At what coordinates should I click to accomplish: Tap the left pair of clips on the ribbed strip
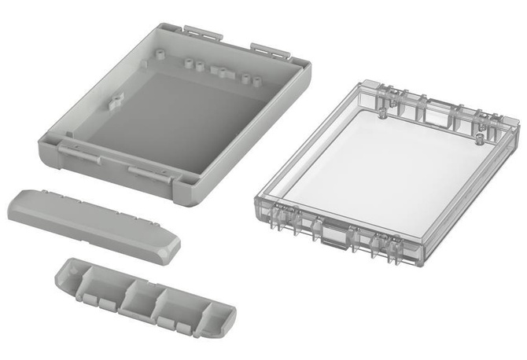pos(98,300)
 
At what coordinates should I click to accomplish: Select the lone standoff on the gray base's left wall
pos(116,100)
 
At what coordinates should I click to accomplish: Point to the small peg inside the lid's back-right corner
pos(481,141)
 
